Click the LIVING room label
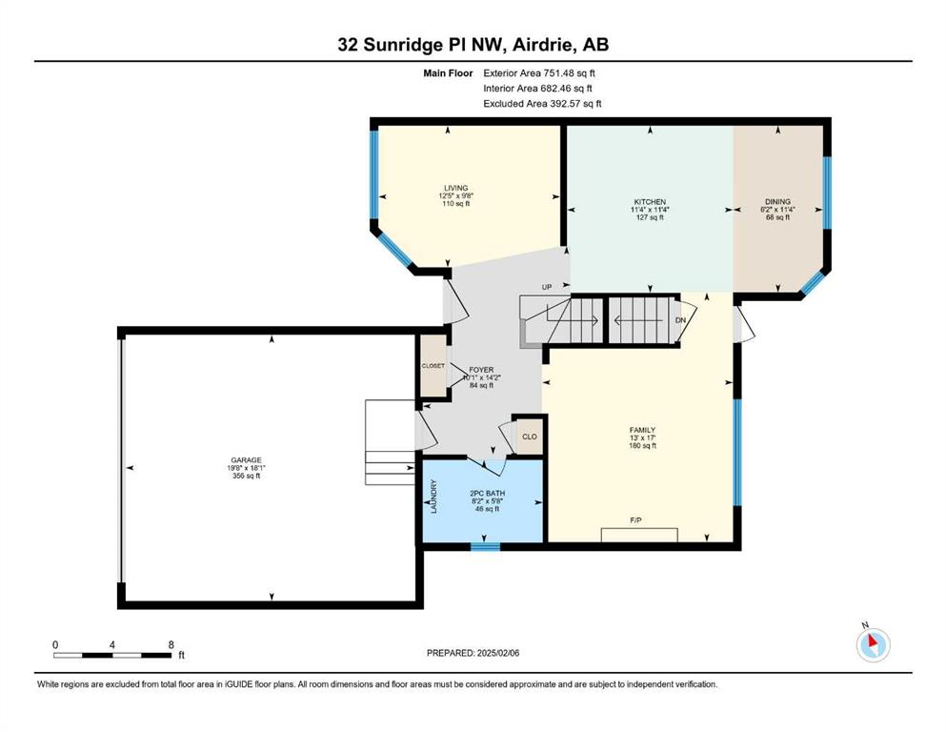click(456, 188)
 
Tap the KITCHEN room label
click(650, 201)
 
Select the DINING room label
click(777, 201)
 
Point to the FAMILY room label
click(642, 430)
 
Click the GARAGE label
click(246, 459)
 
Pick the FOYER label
click(481, 370)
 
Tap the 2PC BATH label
click(488, 494)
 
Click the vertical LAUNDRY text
click(433, 497)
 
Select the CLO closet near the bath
click(530, 437)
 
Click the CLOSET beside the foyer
click(433, 366)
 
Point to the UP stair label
click(547, 287)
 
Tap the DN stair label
click(680, 320)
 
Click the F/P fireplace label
click(635, 519)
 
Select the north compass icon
click(873, 644)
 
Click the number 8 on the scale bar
click(171, 644)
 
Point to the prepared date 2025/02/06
click(498, 653)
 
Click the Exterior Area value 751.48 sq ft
click(570, 73)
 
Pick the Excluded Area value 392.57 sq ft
click(575, 103)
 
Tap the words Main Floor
click(448, 73)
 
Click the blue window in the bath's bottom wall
click(485, 547)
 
